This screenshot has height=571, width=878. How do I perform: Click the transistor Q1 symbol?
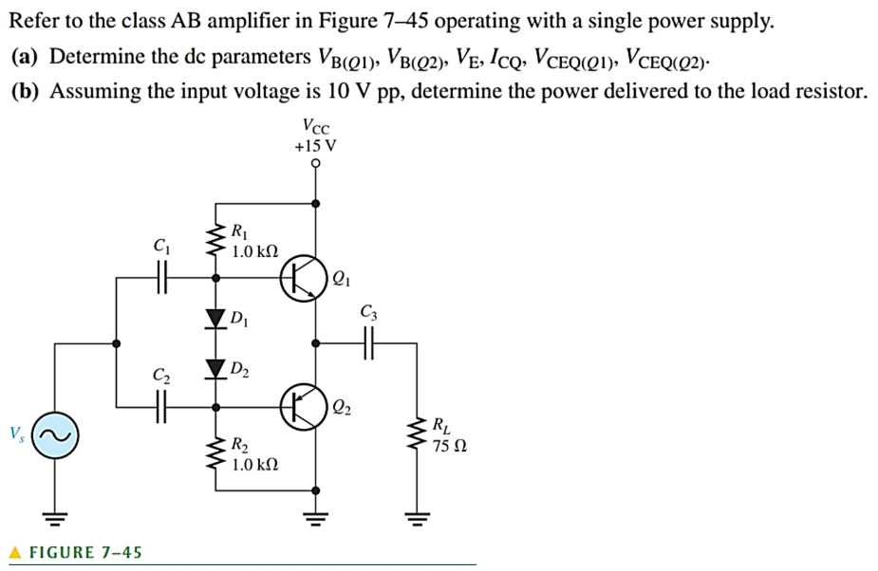302,278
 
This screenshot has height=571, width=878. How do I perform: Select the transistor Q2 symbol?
302,406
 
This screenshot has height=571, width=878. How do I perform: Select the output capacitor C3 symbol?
368,342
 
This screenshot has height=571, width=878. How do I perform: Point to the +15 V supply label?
315,146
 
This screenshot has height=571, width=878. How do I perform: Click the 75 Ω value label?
449,446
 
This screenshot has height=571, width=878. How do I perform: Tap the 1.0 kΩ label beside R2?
255,465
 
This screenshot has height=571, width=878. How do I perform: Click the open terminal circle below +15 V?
316,162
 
